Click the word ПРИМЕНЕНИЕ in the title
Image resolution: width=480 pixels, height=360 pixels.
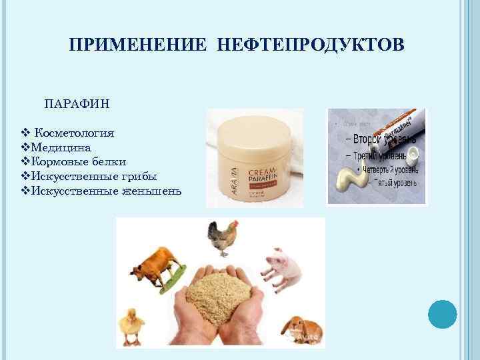pos(139,45)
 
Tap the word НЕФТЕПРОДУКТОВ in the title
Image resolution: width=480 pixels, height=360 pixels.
pos(309,45)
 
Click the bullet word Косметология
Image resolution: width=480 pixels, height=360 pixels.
pos(74,133)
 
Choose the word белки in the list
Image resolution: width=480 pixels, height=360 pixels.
pos(110,162)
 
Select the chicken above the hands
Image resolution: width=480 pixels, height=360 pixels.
pos(222,237)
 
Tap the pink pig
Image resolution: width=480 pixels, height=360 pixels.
pos(283,263)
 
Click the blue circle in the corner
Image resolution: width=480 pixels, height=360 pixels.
pos(442,314)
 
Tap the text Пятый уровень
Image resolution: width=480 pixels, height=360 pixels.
pos(390,182)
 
